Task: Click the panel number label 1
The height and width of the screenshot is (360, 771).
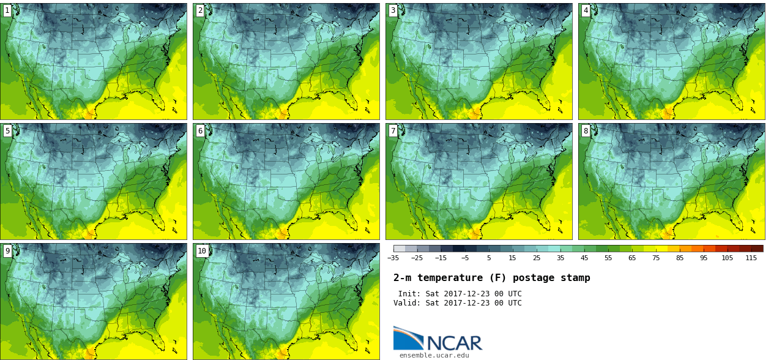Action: (7, 10)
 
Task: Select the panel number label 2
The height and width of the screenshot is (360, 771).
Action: (200, 10)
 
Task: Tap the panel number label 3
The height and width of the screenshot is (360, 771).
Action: (393, 10)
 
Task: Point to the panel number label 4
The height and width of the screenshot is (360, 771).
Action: (586, 10)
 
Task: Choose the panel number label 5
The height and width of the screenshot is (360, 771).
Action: (7, 130)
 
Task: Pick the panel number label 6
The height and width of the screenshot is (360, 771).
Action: (200, 130)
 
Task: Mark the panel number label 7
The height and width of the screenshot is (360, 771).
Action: (393, 130)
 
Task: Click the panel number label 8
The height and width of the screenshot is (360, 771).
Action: (586, 130)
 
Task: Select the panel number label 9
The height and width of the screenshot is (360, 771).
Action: (7, 250)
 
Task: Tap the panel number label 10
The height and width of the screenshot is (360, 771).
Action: (202, 250)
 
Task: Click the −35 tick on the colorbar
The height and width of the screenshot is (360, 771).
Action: (393, 258)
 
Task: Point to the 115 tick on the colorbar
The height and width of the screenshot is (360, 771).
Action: (751, 258)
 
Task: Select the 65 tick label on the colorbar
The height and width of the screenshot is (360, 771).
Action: (631, 258)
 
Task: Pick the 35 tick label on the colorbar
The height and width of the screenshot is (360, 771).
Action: (560, 258)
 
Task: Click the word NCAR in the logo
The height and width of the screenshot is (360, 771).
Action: (454, 343)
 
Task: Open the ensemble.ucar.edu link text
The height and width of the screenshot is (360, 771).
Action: (434, 355)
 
